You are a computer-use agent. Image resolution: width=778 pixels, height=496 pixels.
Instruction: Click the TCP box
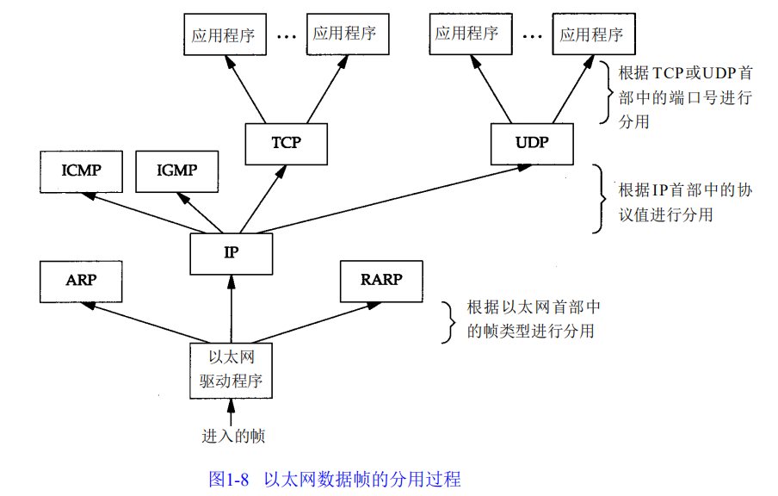tap(287, 143)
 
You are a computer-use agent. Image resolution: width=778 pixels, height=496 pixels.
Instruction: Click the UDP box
tap(532, 143)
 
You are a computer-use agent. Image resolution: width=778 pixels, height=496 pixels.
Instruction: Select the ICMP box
tap(82, 170)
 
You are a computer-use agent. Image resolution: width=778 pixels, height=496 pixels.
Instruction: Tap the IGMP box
tap(176, 170)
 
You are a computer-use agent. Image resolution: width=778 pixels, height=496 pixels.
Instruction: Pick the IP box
tap(232, 253)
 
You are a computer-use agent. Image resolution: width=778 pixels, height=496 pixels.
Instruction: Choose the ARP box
tap(82, 281)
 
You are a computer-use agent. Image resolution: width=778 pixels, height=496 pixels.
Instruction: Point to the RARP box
tap(381, 280)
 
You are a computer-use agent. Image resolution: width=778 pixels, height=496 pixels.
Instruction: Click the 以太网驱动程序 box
tap(232, 370)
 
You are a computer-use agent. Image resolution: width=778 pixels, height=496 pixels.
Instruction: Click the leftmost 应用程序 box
tap(222, 34)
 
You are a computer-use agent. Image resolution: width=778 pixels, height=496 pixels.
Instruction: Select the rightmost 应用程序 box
tap(591, 35)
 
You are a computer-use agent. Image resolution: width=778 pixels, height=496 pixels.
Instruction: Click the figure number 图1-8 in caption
tap(229, 479)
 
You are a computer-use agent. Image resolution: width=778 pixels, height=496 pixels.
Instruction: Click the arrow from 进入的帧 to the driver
tap(231, 414)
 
